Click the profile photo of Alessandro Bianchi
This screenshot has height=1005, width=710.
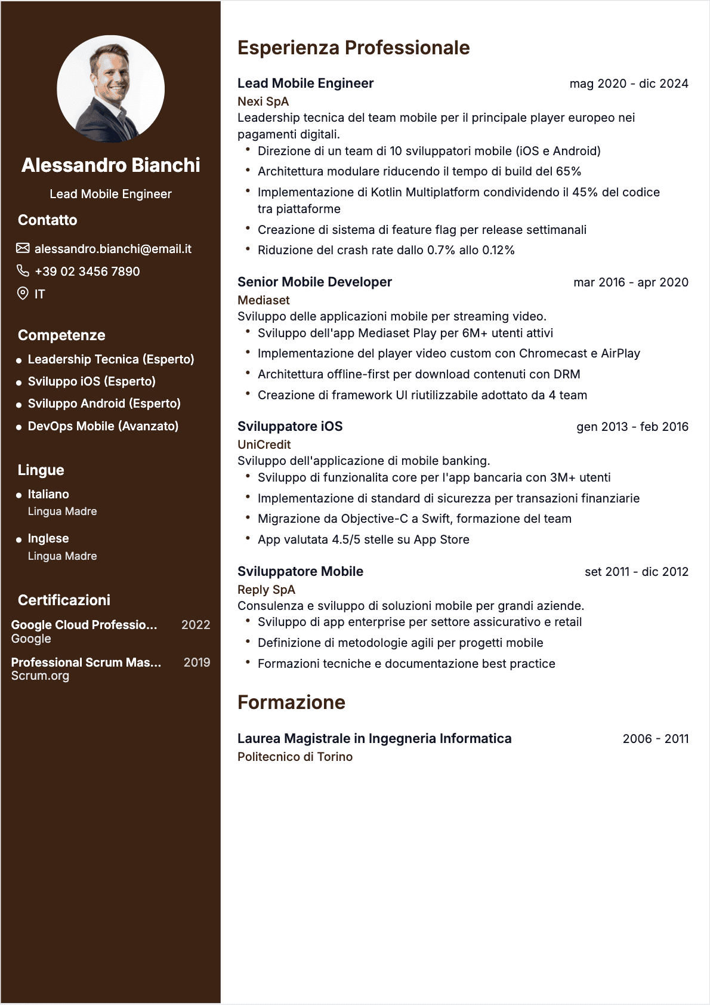tap(110, 89)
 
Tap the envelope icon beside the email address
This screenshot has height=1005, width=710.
tap(23, 248)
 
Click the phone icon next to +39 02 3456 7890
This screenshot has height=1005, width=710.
tap(23, 271)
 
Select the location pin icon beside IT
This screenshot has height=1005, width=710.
tap(23, 293)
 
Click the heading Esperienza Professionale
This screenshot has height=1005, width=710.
tap(353, 48)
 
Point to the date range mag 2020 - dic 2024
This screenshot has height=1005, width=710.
tap(628, 84)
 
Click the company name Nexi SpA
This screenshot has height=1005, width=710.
tap(263, 101)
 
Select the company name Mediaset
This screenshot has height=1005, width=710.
tap(263, 300)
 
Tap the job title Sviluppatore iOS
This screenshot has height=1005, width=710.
tap(290, 426)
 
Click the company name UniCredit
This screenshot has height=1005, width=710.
tap(264, 445)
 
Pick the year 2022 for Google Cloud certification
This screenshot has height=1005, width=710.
tap(196, 625)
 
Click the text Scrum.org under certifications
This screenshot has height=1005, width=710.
tap(40, 676)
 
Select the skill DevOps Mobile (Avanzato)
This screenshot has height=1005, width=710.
tap(103, 426)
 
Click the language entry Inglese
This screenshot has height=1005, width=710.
tap(48, 538)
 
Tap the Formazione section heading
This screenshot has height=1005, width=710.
tap(291, 702)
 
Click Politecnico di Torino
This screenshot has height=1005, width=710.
tap(295, 757)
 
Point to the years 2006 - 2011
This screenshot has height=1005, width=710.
tap(655, 739)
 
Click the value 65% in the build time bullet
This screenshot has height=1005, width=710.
tap(568, 171)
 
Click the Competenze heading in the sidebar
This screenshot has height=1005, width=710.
tap(61, 335)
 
